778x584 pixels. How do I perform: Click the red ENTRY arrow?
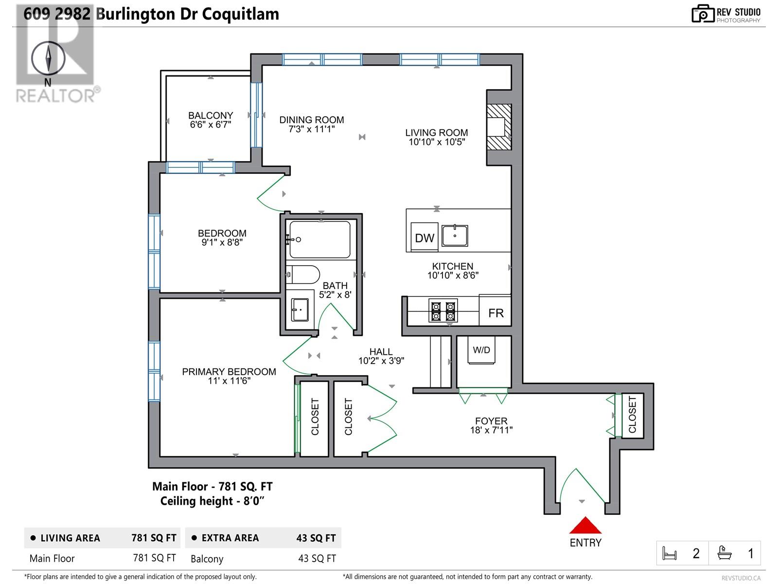pos(585,525)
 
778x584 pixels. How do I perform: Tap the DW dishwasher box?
pos(424,237)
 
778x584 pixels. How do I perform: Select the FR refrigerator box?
pos(495,312)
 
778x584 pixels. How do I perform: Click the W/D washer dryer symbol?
pos(481,350)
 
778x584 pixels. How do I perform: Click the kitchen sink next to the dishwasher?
pos(455,236)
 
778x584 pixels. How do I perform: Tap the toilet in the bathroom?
pos(302,274)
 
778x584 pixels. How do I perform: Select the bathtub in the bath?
pos(320,239)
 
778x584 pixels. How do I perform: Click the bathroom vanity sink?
pos(300,310)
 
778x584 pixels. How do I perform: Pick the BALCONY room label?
pos(211,115)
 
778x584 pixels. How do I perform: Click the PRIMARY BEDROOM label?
pos(229,372)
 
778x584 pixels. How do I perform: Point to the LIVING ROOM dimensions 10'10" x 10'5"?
pos(437,142)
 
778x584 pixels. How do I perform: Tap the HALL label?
pos(381,351)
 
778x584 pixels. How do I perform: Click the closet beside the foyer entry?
pos(632,415)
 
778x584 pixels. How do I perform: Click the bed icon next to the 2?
pos(670,553)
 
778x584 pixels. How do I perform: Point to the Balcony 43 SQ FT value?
pos(317,559)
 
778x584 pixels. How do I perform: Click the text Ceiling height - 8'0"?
pos(212,501)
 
